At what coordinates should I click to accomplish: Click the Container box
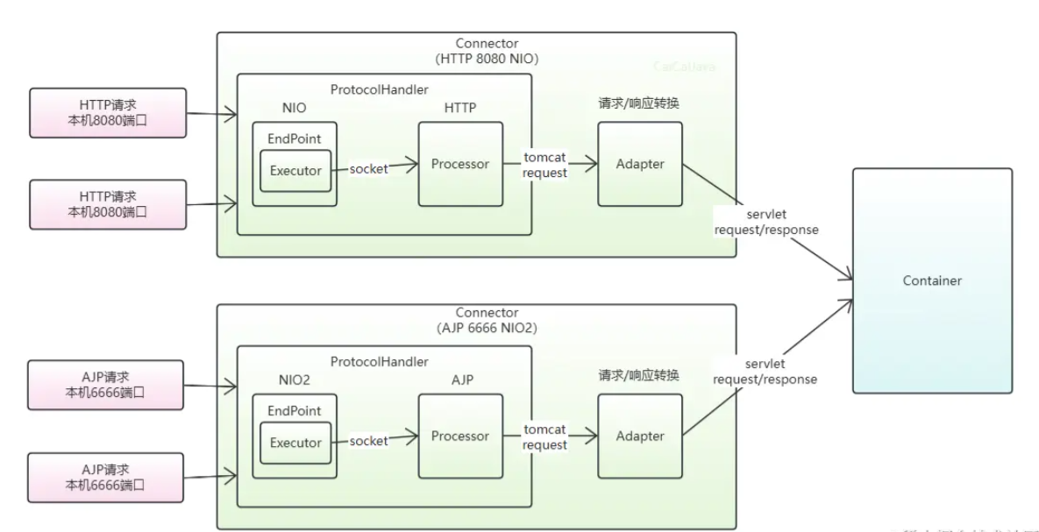point(932,280)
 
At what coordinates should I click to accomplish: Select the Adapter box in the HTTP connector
point(639,164)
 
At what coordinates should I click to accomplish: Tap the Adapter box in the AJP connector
point(639,436)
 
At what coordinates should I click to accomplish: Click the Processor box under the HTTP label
point(460,164)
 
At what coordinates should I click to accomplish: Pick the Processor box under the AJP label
point(460,436)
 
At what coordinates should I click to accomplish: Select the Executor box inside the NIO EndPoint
point(295,170)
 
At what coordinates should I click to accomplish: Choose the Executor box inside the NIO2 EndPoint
point(295,443)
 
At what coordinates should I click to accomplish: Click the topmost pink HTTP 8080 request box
point(107,113)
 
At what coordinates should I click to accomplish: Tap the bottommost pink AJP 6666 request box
point(107,478)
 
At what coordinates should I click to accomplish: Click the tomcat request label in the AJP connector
point(544,437)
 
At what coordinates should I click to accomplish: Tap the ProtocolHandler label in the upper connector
point(380,89)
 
